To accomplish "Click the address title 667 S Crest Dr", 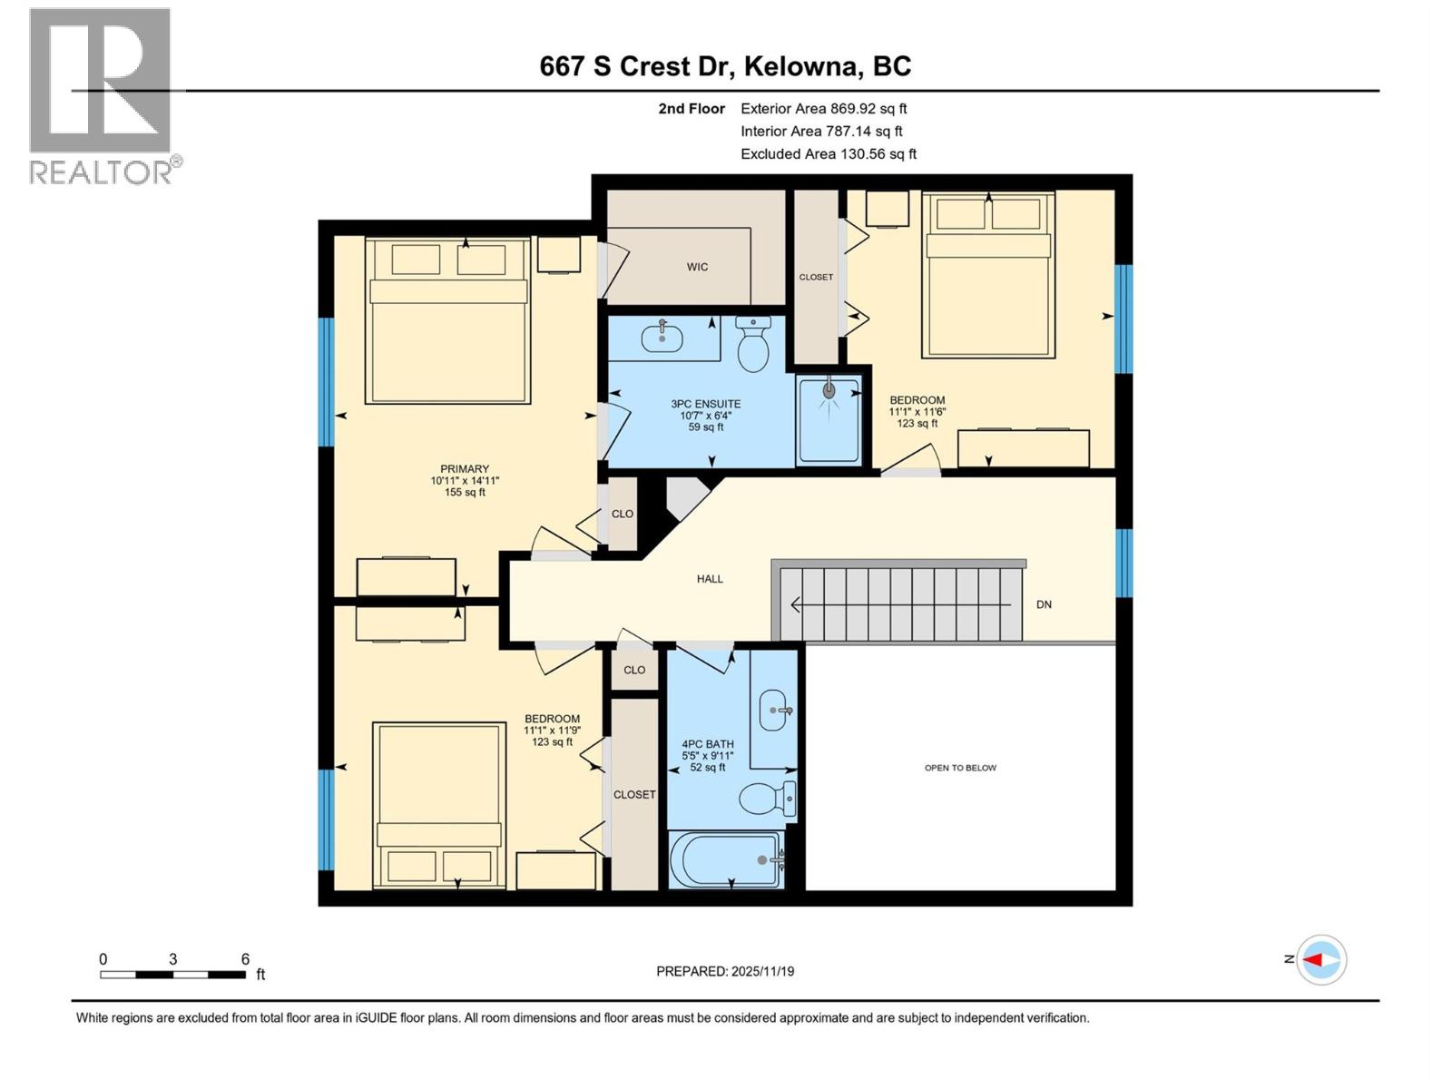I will pyautogui.click(x=725, y=66).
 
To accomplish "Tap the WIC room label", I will pyautogui.click(x=697, y=267).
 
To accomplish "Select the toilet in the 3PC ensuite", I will pyautogui.click(x=753, y=345).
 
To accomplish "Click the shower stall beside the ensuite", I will pyautogui.click(x=829, y=420).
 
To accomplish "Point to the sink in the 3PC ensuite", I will pyautogui.click(x=662, y=338).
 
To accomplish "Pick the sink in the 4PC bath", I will pyautogui.click(x=774, y=710).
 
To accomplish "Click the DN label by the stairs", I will pyautogui.click(x=1044, y=604).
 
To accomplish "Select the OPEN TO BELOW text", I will pyautogui.click(x=960, y=768).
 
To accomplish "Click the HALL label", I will pyautogui.click(x=710, y=579).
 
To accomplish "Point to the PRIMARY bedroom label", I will pyautogui.click(x=465, y=469).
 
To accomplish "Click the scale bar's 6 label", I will pyautogui.click(x=245, y=959).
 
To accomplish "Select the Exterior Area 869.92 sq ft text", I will pyautogui.click(x=823, y=109).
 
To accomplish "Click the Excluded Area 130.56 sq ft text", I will pyautogui.click(x=828, y=154).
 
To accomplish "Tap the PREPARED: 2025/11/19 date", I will pyautogui.click(x=725, y=971).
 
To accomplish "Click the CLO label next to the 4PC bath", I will pyautogui.click(x=634, y=670).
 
